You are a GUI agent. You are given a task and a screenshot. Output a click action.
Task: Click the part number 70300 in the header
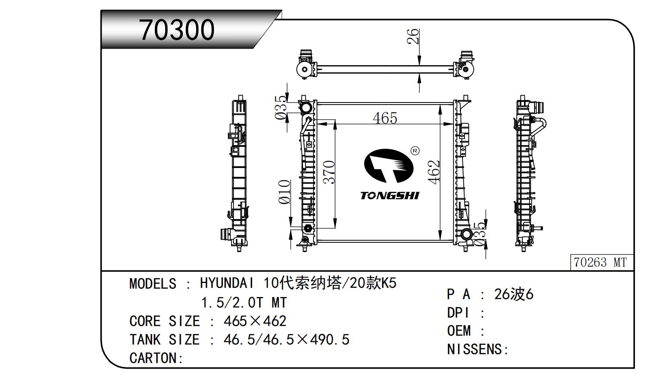tap(177, 30)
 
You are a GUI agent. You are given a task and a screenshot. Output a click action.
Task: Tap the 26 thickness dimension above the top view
tap(413, 36)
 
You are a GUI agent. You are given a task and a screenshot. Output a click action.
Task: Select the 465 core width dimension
tap(385, 118)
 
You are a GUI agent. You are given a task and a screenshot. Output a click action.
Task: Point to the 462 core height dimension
tap(434, 172)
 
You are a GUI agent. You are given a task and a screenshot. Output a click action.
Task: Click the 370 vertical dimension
tap(329, 172)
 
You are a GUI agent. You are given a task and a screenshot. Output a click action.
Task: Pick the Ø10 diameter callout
tap(284, 192)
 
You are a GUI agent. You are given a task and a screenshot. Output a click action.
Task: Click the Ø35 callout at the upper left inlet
tap(281, 108)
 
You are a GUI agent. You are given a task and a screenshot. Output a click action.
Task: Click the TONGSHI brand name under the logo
tap(389, 196)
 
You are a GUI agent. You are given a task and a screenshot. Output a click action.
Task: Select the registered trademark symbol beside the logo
tap(415, 151)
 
